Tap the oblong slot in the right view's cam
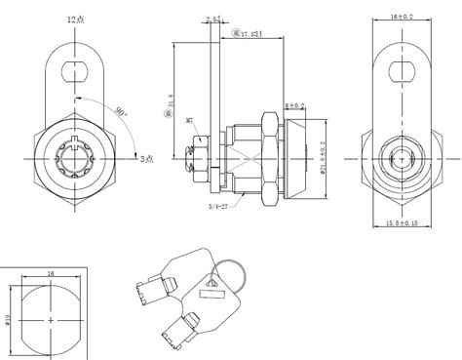coord(401,70)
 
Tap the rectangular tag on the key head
coord(211,284)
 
